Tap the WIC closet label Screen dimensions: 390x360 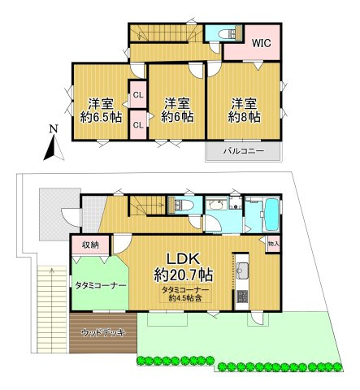tap(261, 43)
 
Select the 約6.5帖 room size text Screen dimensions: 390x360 tap(98, 116)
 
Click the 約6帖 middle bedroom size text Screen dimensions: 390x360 tap(176, 116)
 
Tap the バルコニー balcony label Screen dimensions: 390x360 tap(243, 150)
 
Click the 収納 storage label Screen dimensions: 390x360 tap(89, 245)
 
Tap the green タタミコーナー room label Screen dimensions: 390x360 tap(101, 286)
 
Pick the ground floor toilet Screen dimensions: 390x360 tap(184, 205)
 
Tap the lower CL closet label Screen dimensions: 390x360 tap(139, 124)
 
